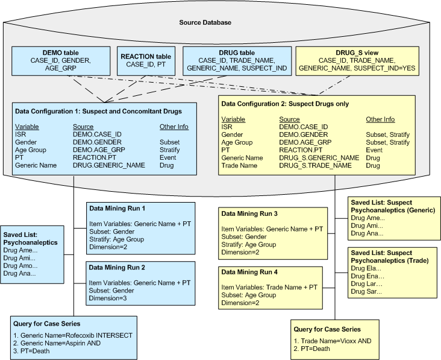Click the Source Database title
[205, 23]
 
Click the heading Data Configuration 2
[285, 104]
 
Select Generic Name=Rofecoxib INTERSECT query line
[73, 335]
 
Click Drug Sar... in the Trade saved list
[366, 291]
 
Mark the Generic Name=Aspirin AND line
[61, 343]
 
